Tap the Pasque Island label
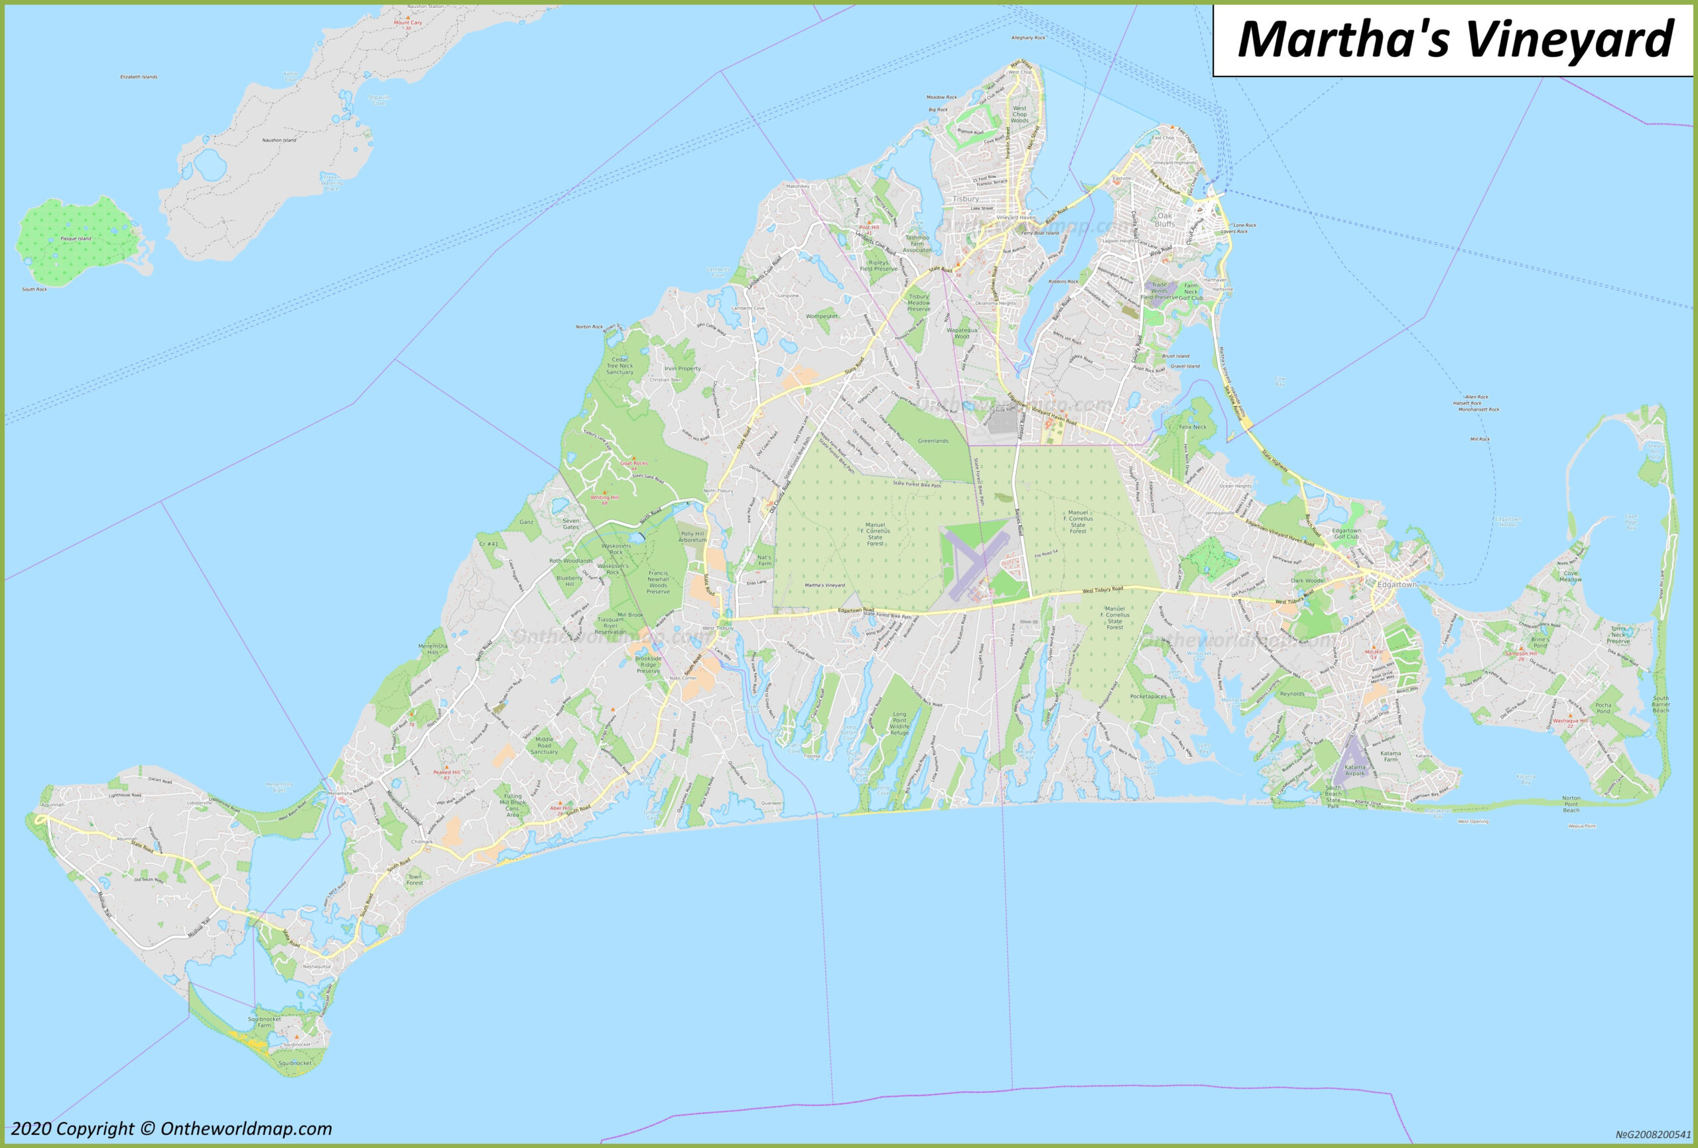76,239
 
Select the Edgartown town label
1396,585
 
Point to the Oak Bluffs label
1165,219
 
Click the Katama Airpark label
1354,770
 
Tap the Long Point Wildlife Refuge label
899,723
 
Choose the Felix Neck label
1193,427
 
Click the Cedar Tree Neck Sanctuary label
620,366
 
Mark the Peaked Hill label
446,772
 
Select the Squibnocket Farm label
265,1021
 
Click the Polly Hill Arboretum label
692,536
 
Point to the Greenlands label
933,441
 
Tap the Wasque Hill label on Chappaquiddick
1569,721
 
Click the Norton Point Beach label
1571,804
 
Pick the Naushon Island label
279,139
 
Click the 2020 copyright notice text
171,1129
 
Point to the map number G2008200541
1653,1135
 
